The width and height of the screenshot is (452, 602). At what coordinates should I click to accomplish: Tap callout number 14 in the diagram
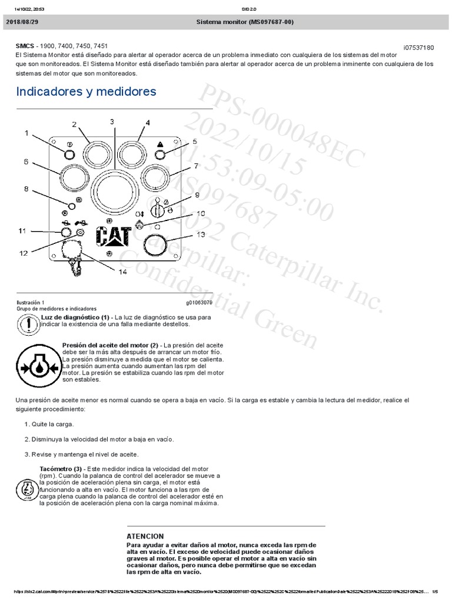[x=122, y=272]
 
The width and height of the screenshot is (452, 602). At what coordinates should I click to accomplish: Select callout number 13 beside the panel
[x=201, y=235]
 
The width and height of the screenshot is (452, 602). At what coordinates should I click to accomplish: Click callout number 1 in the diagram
[x=26, y=133]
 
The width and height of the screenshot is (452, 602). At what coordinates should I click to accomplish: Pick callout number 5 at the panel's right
[x=195, y=141]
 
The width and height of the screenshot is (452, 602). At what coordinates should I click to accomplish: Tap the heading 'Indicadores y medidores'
[x=86, y=92]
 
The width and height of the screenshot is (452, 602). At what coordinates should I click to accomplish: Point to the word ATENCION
[x=145, y=536]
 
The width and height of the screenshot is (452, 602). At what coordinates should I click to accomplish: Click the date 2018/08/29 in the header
[x=22, y=22]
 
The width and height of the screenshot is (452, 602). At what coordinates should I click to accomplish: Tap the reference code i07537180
[x=418, y=48]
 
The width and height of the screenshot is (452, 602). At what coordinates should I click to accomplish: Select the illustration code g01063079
[x=199, y=302]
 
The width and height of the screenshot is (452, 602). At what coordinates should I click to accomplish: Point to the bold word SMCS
[x=25, y=45]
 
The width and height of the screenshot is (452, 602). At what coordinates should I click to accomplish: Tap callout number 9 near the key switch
[x=197, y=195]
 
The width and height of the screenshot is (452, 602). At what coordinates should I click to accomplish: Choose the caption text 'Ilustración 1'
[x=30, y=302]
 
